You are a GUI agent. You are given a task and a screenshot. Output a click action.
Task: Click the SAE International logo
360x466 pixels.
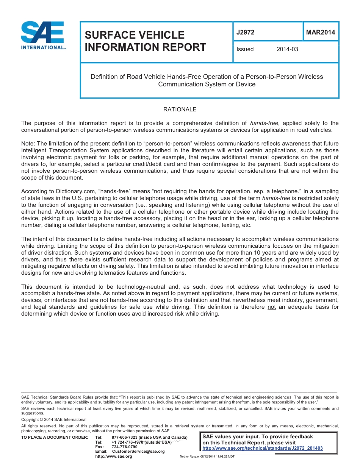tap(43, 35)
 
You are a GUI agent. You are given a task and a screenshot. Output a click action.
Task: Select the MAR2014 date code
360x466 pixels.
tap(320, 32)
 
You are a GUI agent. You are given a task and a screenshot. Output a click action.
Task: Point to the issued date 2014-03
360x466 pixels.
tap(287, 49)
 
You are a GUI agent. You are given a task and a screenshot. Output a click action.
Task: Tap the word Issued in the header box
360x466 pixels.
tap(245, 49)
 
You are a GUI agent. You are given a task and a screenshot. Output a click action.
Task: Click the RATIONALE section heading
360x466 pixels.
tap(180, 109)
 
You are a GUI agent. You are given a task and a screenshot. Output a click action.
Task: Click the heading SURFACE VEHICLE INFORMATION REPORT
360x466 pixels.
tap(145, 41)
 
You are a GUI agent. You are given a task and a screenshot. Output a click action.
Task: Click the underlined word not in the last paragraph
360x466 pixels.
tap(272, 307)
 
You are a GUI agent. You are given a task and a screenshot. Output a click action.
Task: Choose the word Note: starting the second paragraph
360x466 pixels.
tap(28, 144)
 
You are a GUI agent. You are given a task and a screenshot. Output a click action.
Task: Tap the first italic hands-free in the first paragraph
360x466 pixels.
tap(264, 123)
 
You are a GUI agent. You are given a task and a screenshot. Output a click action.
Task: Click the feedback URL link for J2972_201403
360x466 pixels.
tap(263, 448)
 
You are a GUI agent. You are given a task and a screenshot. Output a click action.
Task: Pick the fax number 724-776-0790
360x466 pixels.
tap(125, 447)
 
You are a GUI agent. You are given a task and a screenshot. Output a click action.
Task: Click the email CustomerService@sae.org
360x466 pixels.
tap(138, 451)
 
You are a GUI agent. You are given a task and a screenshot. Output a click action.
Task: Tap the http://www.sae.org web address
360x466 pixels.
tap(114, 456)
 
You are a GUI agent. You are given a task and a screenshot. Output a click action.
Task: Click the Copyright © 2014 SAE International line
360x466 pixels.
tap(54, 419)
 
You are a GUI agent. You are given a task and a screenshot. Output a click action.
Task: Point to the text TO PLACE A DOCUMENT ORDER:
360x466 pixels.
tap(55, 438)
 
